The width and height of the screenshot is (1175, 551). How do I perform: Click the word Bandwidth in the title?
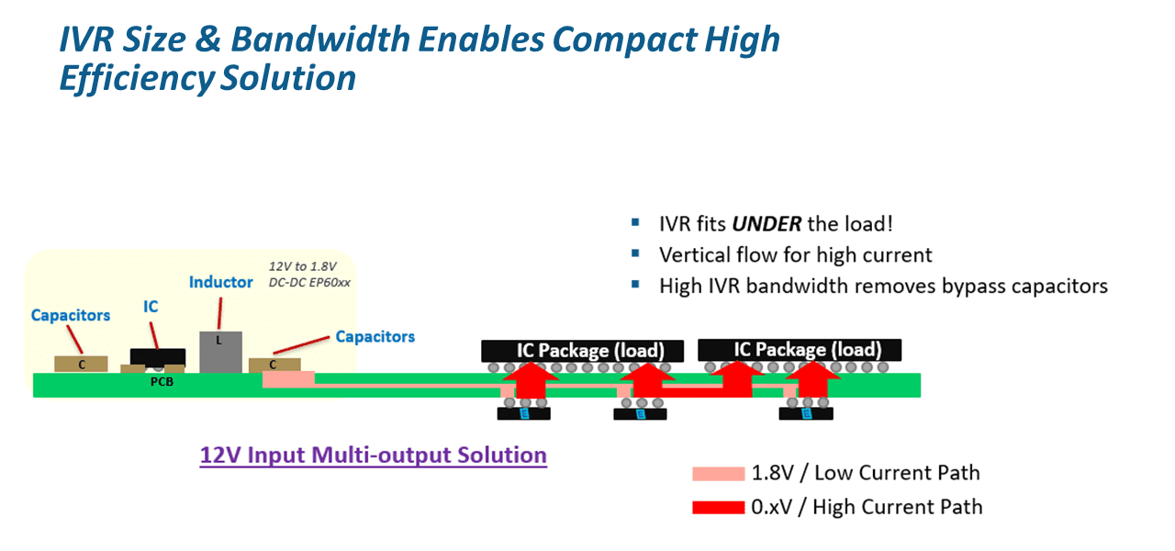coord(320,39)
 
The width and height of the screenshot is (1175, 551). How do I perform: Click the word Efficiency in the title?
coord(137,79)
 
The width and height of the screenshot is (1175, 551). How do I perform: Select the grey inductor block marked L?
coord(220,352)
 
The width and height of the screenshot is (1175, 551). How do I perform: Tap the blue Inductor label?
coord(221,282)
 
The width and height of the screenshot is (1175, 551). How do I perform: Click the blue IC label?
coord(151,307)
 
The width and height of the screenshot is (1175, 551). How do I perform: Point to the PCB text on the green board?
coord(162,382)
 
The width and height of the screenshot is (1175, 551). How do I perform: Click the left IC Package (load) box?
coord(582,351)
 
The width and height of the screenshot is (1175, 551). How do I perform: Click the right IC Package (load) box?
coord(800,350)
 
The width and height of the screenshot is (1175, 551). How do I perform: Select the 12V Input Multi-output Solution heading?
coord(373,455)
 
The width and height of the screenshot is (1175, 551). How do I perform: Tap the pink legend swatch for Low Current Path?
coord(718,474)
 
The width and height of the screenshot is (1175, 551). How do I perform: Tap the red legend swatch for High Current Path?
coord(718,508)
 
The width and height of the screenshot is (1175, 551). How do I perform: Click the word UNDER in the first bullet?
coord(767,224)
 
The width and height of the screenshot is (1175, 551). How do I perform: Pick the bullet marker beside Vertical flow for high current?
coord(635,254)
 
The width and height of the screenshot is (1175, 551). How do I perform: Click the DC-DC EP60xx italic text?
coord(309,283)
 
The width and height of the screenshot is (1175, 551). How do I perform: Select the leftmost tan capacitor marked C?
coord(82,365)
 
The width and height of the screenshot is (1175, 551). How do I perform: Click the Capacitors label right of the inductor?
coord(375,337)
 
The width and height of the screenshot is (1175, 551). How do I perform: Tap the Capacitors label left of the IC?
coord(71,315)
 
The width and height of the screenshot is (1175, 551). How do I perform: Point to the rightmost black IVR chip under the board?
coord(806,414)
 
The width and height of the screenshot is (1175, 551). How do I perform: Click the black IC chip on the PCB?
coord(158,357)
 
